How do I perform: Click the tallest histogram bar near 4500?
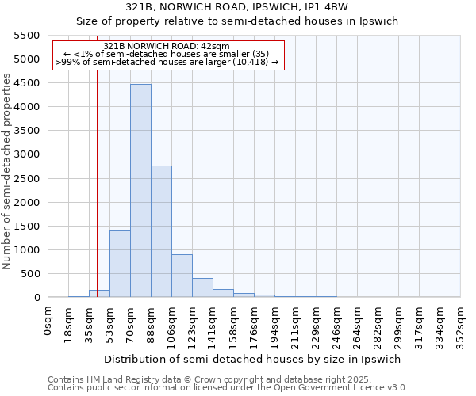click(x=140, y=190)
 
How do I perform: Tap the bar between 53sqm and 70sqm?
click(x=120, y=264)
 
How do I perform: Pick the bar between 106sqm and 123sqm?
click(x=182, y=276)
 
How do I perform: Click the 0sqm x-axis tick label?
click(x=48, y=320)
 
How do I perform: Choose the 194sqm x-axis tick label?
click(x=275, y=325)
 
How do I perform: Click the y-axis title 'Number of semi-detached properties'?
click(x=8, y=171)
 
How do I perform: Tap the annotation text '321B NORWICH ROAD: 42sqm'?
click(x=167, y=47)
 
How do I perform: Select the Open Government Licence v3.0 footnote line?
click(x=228, y=388)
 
